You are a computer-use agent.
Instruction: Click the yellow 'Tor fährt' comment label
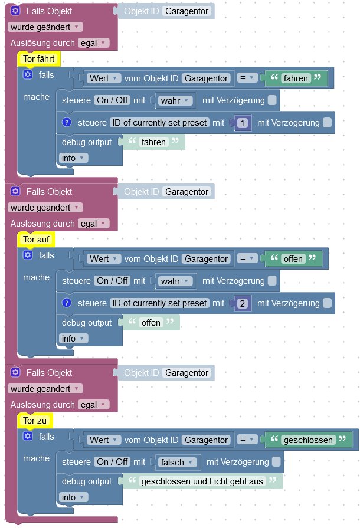point(39,59)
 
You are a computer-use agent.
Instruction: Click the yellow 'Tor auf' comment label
point(37,240)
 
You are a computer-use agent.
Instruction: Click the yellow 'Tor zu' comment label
point(35,421)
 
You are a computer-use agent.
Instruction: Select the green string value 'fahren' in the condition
point(296,78)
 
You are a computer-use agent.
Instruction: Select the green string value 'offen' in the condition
point(293,259)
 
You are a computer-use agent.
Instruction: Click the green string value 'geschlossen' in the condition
point(308,440)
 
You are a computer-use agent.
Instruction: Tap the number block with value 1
point(244,123)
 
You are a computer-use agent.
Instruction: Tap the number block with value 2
point(244,303)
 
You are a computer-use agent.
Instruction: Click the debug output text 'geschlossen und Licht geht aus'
point(202,481)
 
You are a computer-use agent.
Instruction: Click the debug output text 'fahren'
point(153,142)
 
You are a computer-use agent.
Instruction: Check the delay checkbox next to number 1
point(327,123)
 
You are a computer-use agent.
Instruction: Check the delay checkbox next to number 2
point(327,303)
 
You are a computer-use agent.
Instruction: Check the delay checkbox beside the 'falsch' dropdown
point(276,462)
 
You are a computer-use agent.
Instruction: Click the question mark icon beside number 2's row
point(67,303)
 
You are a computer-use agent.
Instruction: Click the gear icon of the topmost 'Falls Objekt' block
point(15,11)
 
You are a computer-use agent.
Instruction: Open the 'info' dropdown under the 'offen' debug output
point(73,339)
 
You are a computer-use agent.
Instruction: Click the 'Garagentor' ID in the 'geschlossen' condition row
point(205,440)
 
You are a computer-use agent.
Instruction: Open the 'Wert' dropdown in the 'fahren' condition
point(104,78)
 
